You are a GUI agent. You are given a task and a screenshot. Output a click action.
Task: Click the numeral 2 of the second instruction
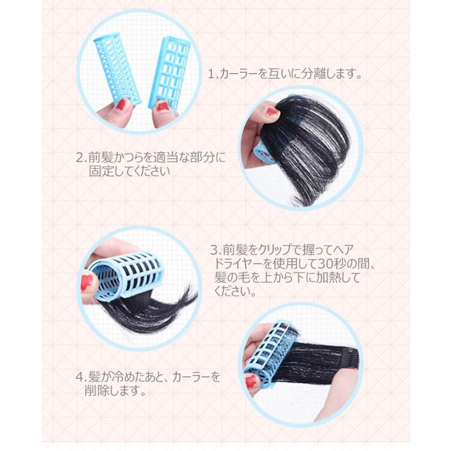[x=80, y=158]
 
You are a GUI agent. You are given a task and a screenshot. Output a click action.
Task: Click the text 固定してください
[x=129, y=171]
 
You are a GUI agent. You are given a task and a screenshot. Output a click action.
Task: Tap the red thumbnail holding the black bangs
[x=272, y=111]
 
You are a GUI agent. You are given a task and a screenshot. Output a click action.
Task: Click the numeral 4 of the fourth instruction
[x=80, y=377]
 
